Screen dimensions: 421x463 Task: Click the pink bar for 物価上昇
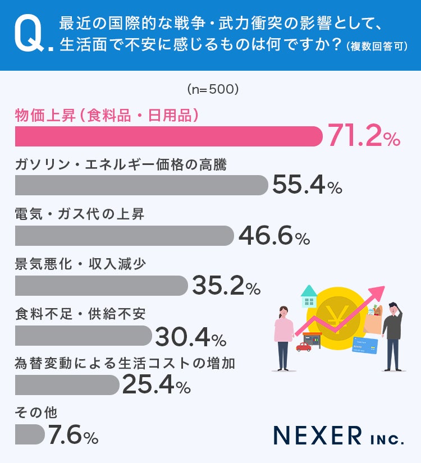[x=168, y=136]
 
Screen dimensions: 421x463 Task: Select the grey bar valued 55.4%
[x=141, y=185]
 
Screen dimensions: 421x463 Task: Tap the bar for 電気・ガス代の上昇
[x=125, y=236]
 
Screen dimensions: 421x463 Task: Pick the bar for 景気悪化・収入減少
[x=102, y=286]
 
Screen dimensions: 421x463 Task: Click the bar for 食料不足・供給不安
[x=84, y=336]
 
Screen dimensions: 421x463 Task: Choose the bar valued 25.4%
[x=67, y=385]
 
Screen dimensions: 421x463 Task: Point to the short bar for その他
[x=30, y=434]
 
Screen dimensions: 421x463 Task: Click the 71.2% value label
[x=364, y=136]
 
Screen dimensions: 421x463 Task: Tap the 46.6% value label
[x=274, y=235]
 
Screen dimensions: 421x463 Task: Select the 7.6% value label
[x=73, y=434]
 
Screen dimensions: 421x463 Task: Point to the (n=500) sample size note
[x=213, y=89]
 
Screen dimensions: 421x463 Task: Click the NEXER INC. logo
[x=338, y=436]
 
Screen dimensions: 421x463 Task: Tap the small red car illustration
[x=304, y=347]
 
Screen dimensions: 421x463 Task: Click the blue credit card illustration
[x=365, y=346]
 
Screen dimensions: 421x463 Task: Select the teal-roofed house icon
[x=309, y=296]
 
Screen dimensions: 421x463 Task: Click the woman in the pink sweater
[x=283, y=338]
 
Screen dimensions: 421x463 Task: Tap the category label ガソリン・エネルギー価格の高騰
[x=121, y=164]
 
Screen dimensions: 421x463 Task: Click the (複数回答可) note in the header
[x=377, y=47]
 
